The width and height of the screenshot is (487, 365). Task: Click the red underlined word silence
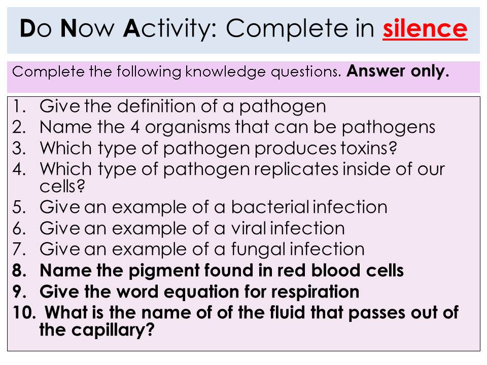(425, 28)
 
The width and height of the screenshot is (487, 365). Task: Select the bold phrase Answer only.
(398, 71)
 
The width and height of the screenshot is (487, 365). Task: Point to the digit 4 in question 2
(135, 127)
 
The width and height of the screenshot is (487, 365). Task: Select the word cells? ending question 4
(62, 186)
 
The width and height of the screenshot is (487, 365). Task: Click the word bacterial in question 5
(270, 207)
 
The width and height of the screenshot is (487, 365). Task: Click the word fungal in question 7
(258, 250)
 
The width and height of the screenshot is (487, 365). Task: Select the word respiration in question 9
(315, 293)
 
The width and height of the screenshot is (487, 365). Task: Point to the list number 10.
(25, 313)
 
